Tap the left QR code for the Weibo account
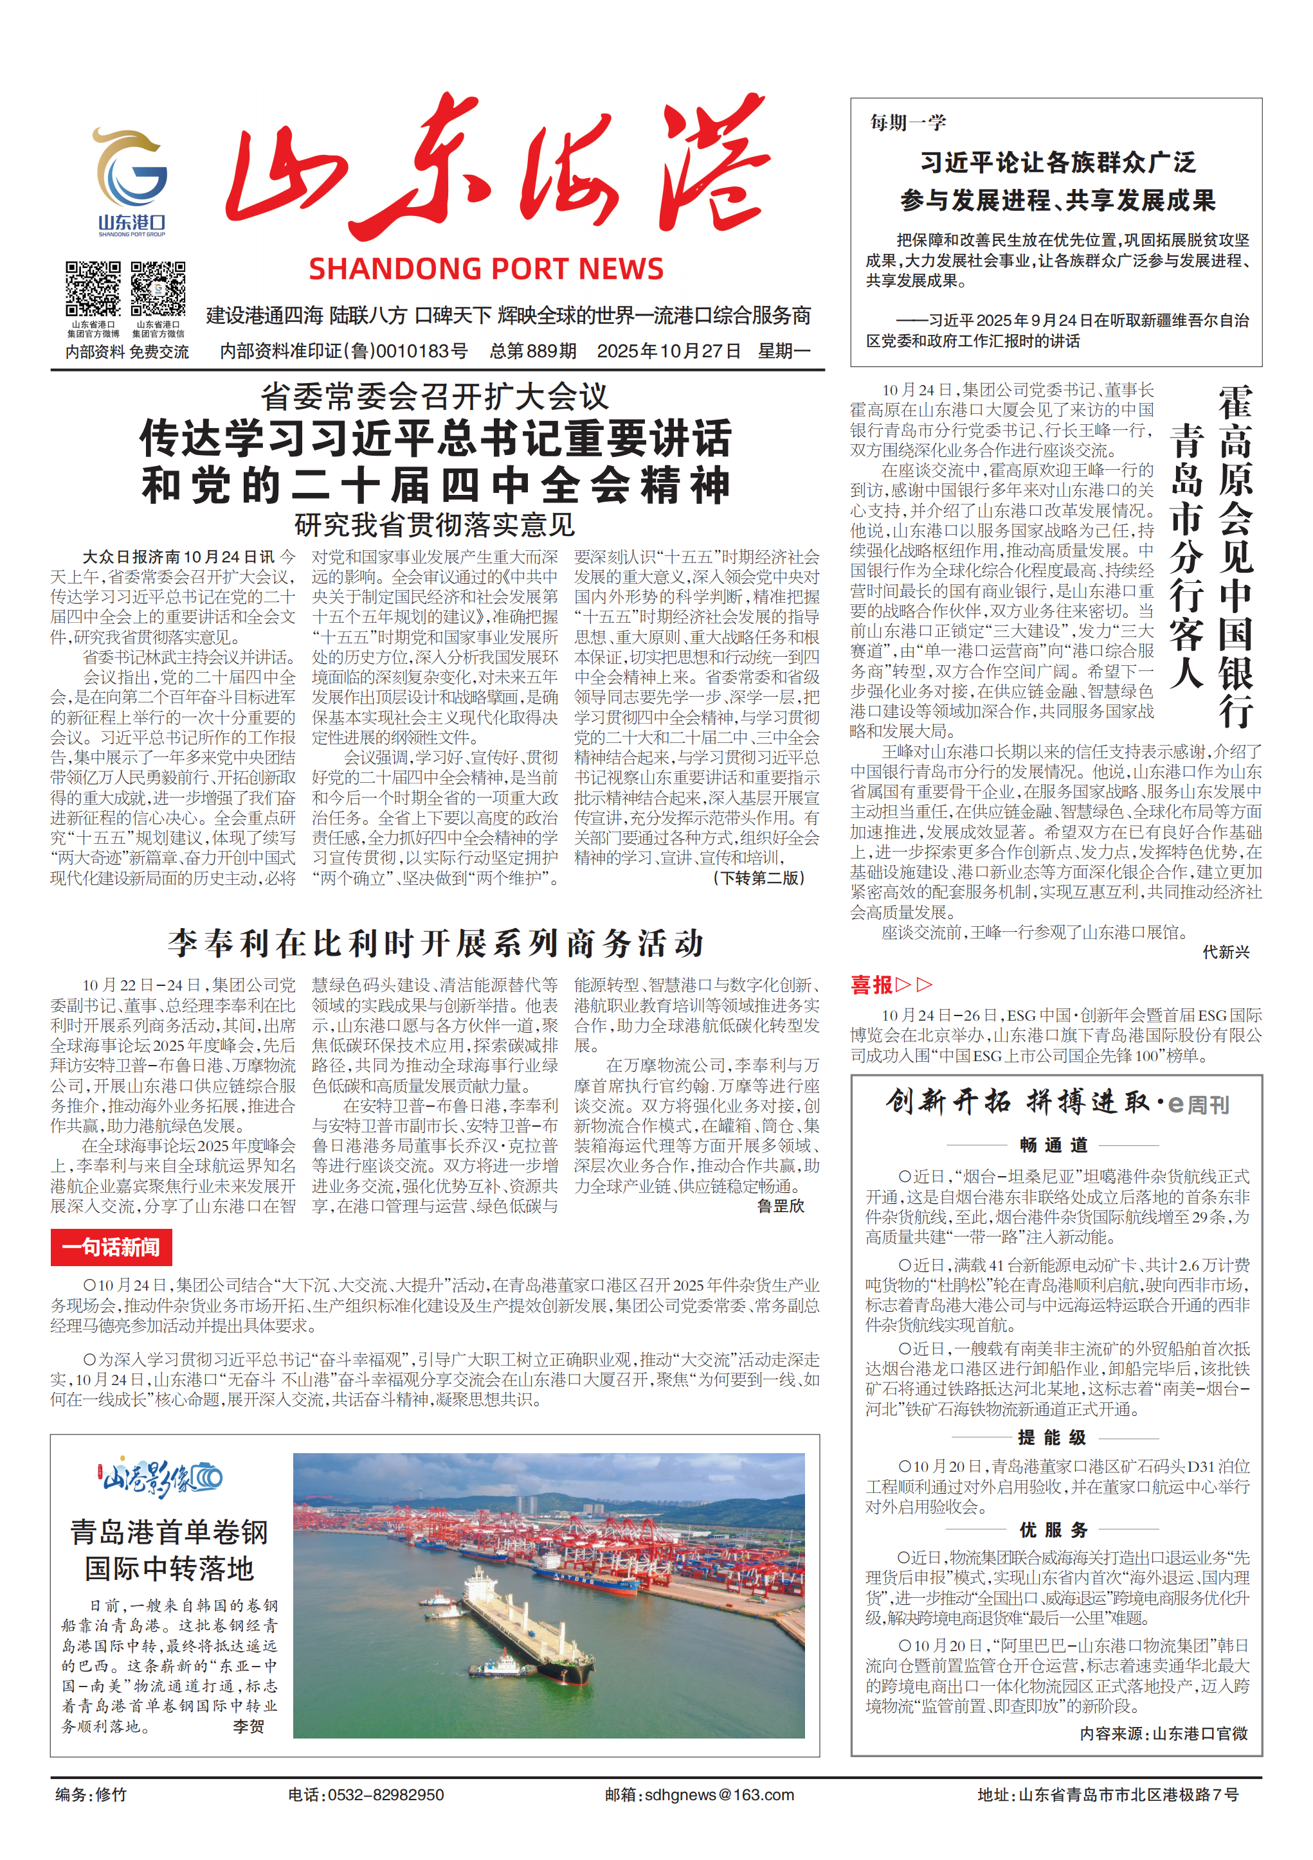click(x=93, y=289)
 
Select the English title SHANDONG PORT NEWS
click(x=485, y=269)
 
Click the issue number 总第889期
click(x=532, y=352)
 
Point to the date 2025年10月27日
click(x=669, y=352)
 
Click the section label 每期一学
click(x=908, y=122)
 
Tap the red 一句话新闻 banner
click(x=111, y=1247)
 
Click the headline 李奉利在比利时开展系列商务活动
click(x=435, y=943)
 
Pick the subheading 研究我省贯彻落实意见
click(x=435, y=525)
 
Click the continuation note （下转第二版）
click(x=759, y=878)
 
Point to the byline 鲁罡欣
click(x=780, y=1206)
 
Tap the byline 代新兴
click(x=1226, y=952)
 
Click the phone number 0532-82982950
click(x=385, y=1794)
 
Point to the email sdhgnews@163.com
click(x=719, y=1794)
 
